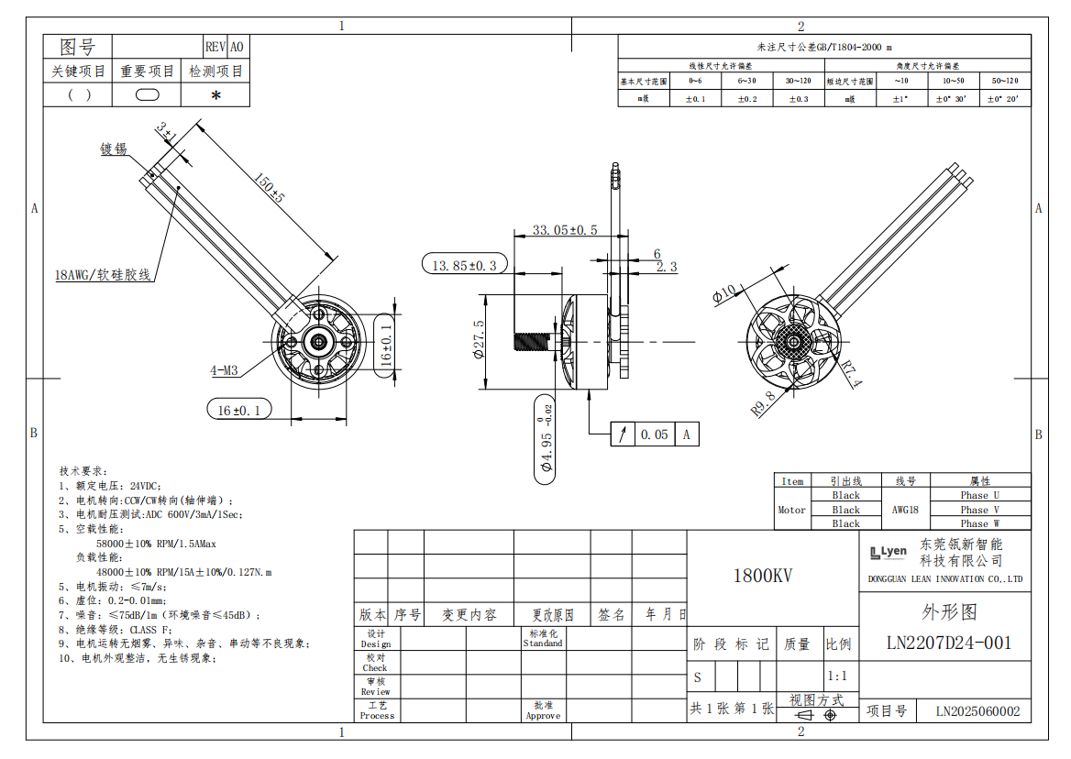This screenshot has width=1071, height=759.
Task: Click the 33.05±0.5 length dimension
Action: [x=565, y=230]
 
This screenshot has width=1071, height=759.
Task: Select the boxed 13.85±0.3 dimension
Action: [x=464, y=265]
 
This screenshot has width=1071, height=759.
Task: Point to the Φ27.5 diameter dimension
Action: [x=480, y=340]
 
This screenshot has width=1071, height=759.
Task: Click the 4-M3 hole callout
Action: [x=224, y=370]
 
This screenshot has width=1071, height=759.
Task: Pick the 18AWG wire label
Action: [x=102, y=274]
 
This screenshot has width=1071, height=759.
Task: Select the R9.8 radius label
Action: [x=764, y=403]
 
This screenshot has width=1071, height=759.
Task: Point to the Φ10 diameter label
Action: [x=724, y=292]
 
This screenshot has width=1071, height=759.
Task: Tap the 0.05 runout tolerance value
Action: [x=654, y=434]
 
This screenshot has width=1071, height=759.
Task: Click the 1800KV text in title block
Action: [x=762, y=576]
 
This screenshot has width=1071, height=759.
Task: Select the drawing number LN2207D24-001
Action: [x=948, y=643]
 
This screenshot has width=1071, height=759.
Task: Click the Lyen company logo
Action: [x=889, y=552]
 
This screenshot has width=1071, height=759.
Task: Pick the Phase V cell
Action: [x=979, y=510]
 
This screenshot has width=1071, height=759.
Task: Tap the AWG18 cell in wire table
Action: [x=904, y=510]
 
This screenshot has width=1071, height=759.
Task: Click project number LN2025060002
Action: [x=977, y=711]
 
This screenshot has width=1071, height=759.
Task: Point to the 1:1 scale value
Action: [x=837, y=676]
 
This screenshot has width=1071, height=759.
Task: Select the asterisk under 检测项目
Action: [x=215, y=94]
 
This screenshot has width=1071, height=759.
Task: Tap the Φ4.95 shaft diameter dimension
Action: [x=547, y=439]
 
